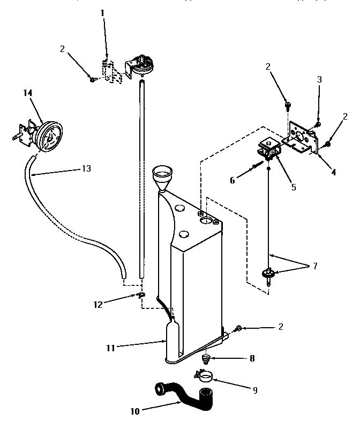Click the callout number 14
click(28, 93)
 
